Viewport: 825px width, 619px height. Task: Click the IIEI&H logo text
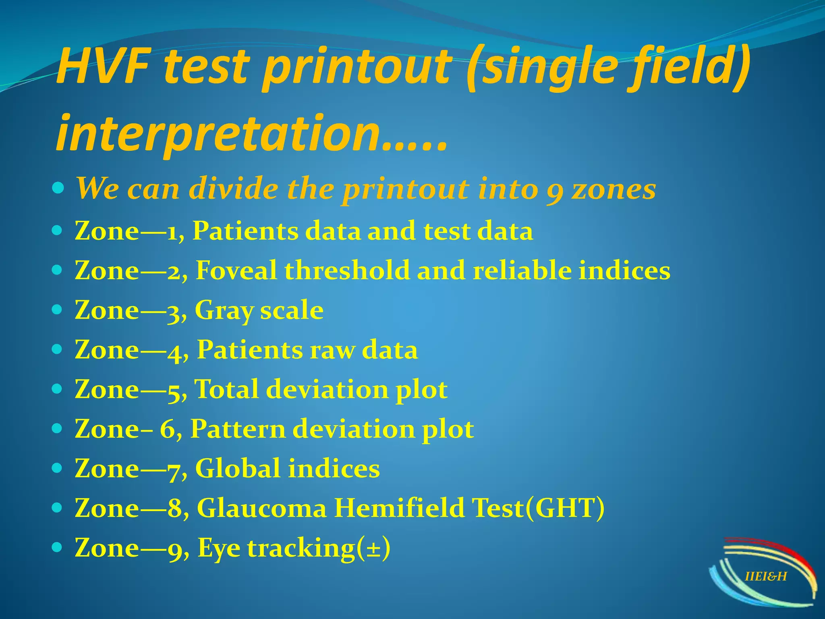pos(766,577)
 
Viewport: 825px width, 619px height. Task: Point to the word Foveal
pos(236,270)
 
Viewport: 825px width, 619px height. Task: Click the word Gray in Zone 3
pos(224,310)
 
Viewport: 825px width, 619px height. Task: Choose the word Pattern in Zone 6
pos(238,429)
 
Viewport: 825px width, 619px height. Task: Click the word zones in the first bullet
pos(614,189)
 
